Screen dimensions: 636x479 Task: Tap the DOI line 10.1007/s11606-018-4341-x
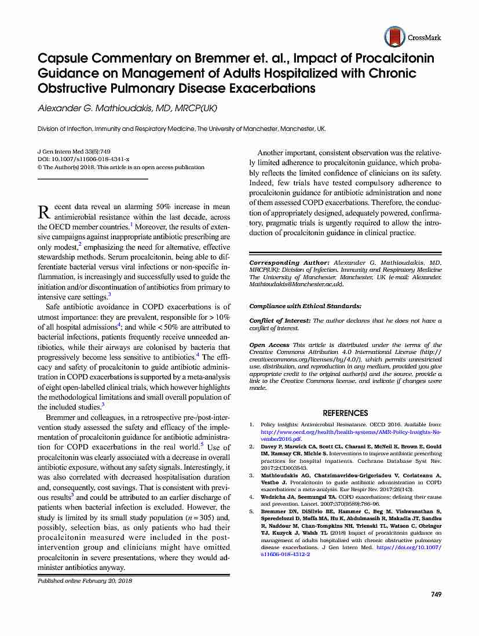[x=83, y=159]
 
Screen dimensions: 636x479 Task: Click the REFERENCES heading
[x=345, y=413]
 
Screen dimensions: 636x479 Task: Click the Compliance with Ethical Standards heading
[x=305, y=306]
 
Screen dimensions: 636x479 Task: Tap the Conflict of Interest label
[x=280, y=320]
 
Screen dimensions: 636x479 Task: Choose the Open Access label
[x=270, y=345]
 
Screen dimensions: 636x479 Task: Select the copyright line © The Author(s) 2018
[x=120, y=167]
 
